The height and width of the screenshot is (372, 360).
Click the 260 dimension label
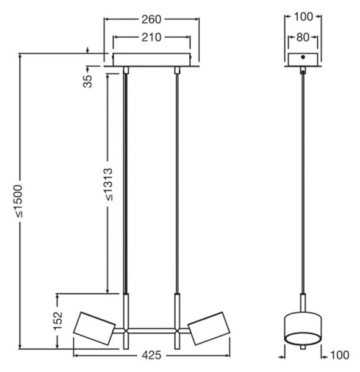click(151, 19)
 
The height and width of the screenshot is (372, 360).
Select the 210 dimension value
click(151, 37)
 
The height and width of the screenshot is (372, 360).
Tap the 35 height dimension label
click(88, 81)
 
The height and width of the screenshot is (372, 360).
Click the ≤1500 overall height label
click(19, 201)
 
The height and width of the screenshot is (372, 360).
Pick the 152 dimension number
click(58, 321)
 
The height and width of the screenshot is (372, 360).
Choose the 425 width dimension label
click(151, 355)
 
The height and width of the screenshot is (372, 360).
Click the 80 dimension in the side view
click(303, 37)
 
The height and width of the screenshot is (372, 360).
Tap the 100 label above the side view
click(304, 17)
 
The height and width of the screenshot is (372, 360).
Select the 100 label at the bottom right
click(340, 355)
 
